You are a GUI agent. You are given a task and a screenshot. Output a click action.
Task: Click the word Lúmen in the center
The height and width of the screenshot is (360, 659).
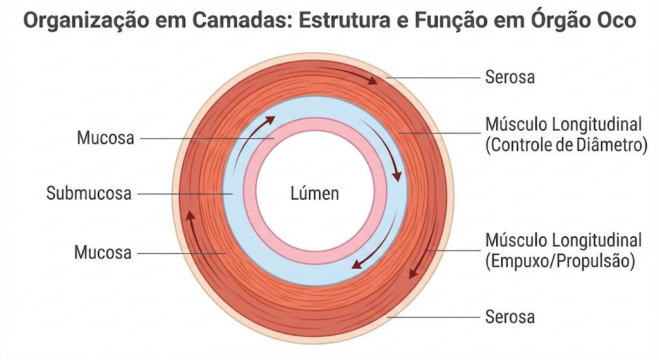(315, 193)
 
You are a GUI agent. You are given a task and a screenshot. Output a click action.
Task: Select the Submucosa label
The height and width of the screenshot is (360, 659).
(89, 193)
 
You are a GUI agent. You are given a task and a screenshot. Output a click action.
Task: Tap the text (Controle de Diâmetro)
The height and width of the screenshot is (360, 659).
(566, 145)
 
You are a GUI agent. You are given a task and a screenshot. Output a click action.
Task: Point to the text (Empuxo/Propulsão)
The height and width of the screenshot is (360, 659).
(560, 261)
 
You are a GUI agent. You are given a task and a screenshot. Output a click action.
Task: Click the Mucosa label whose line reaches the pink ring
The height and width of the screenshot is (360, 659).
(106, 138)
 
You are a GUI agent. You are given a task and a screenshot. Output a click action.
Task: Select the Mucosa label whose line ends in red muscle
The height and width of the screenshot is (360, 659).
(103, 252)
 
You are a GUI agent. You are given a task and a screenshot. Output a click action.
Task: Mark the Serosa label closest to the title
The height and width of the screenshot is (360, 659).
(510, 77)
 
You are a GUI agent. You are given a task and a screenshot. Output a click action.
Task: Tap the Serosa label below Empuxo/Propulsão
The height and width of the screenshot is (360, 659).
(510, 317)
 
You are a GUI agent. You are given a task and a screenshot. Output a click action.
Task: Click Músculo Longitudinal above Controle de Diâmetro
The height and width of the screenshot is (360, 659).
(564, 124)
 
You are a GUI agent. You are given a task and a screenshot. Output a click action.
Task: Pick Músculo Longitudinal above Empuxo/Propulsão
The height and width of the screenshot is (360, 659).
(564, 240)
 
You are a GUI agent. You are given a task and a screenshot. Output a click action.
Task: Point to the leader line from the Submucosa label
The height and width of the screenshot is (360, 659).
(185, 194)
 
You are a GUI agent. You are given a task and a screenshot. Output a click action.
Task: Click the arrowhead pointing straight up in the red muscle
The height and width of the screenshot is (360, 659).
(190, 215)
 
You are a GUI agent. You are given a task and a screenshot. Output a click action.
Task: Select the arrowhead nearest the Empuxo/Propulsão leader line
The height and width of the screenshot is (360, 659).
(414, 272)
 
